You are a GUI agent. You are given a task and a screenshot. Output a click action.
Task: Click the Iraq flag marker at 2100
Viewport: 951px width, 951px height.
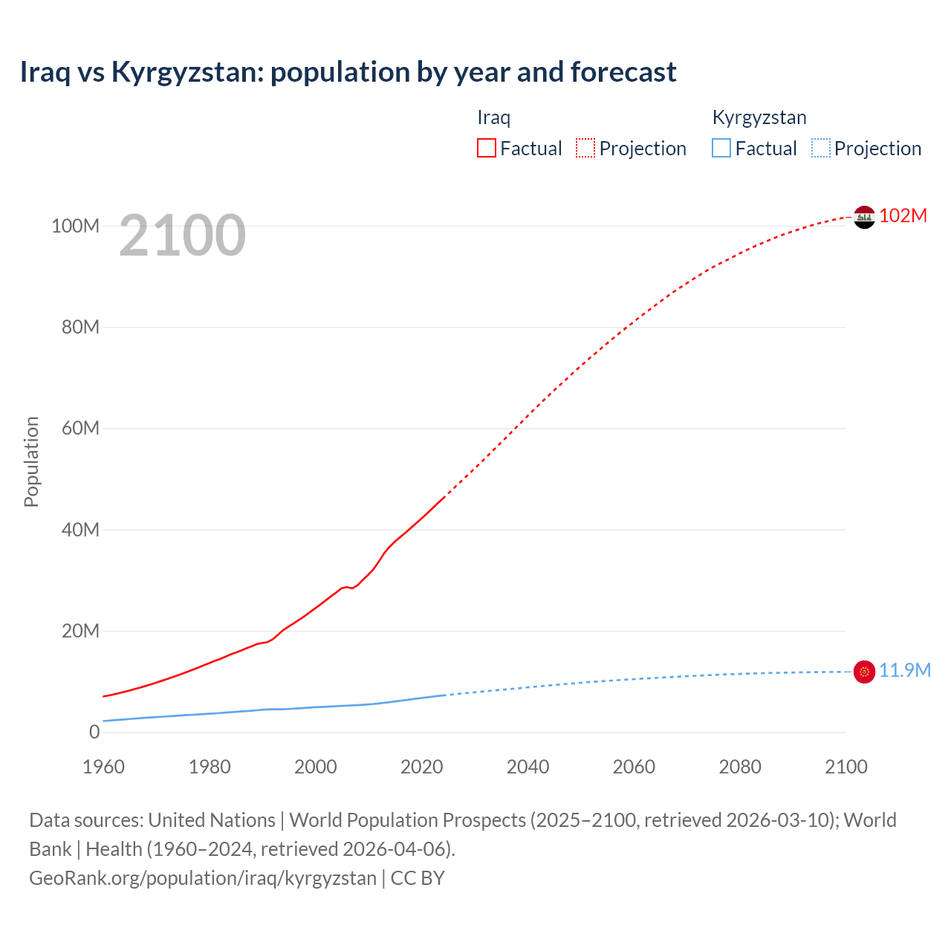point(864,217)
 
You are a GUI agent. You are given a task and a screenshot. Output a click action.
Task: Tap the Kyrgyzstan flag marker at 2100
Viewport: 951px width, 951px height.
point(864,672)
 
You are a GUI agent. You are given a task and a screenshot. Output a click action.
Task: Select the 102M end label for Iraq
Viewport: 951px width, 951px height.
point(903,216)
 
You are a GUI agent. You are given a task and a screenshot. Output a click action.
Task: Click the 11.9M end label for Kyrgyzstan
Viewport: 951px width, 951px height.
point(904,671)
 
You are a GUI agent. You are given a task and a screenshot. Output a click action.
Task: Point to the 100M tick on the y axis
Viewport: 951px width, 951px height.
point(75,226)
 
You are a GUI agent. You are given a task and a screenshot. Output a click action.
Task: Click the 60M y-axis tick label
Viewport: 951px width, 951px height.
point(80,429)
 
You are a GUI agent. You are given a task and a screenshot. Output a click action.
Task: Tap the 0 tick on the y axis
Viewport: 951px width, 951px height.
point(94,733)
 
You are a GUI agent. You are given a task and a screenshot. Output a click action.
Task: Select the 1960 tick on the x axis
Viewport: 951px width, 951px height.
point(103,767)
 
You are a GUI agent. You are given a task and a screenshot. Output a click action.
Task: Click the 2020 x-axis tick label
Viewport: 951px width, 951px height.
point(421,767)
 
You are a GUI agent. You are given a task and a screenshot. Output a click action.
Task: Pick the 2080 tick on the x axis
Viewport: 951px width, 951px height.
point(740,767)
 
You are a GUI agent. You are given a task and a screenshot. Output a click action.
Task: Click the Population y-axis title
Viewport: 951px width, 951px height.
point(31,461)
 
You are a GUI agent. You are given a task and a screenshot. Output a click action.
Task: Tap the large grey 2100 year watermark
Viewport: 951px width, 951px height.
point(182,236)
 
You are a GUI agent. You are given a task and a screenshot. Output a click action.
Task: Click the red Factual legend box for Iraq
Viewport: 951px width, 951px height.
point(486,149)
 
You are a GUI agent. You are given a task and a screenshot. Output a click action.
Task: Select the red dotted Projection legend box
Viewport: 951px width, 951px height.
point(585,149)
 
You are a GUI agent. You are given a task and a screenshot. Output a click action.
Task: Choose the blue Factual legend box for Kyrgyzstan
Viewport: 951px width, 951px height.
point(721,149)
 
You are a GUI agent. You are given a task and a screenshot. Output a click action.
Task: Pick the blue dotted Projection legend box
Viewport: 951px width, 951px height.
point(821,149)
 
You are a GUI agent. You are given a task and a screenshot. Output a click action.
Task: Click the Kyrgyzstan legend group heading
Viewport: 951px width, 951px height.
point(759,117)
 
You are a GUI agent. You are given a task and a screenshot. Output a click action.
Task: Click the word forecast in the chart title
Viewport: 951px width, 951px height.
point(623,72)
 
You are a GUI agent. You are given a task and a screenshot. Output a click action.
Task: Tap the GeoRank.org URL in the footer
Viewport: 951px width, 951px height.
point(203,878)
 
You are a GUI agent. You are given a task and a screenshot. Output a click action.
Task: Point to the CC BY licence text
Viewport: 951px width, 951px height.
point(418,878)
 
